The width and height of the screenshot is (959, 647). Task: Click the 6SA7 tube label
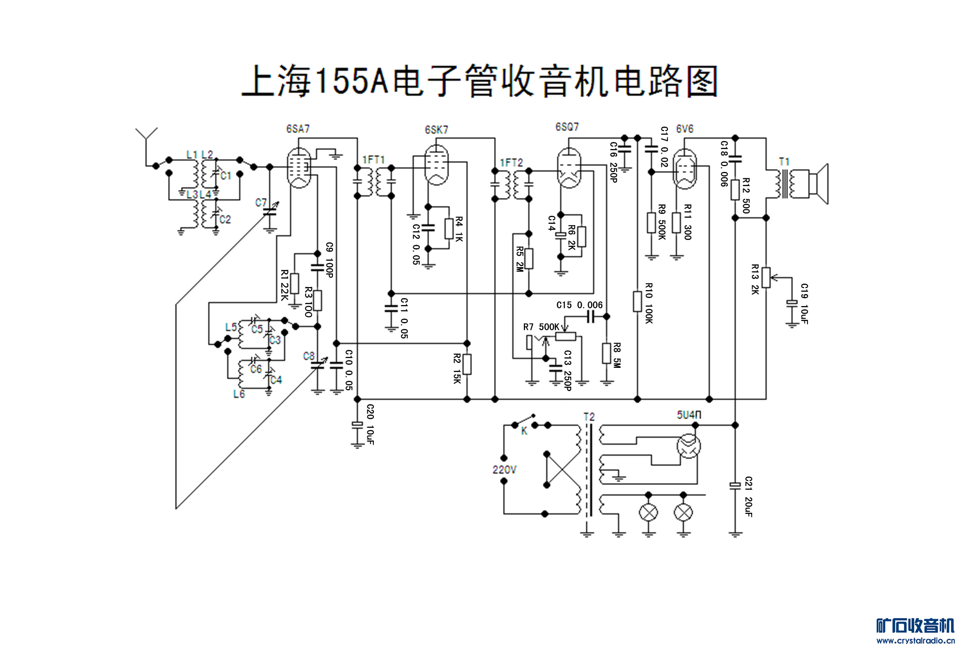[x=298, y=129]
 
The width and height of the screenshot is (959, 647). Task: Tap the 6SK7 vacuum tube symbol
[x=436, y=165]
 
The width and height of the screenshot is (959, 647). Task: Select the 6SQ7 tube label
[x=567, y=127]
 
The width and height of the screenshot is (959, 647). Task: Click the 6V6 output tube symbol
[x=684, y=169]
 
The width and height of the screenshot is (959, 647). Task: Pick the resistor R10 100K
[x=637, y=302]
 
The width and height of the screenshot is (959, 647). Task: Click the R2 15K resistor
[x=467, y=364]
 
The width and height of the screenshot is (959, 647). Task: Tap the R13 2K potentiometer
[x=766, y=278]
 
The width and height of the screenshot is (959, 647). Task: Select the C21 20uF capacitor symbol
[x=735, y=485]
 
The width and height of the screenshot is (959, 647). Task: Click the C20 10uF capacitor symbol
[x=357, y=424]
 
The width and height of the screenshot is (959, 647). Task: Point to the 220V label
[x=504, y=470]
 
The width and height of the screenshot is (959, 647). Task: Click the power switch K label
[x=524, y=431]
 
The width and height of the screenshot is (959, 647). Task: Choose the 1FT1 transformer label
[x=373, y=160]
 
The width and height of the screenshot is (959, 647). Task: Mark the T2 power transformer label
[x=589, y=417]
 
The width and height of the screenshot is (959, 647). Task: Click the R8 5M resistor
[x=607, y=353]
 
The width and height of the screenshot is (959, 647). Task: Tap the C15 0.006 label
[x=579, y=305]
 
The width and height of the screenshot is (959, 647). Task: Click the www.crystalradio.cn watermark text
[x=915, y=641]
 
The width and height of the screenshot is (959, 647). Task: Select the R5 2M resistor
[x=529, y=259]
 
